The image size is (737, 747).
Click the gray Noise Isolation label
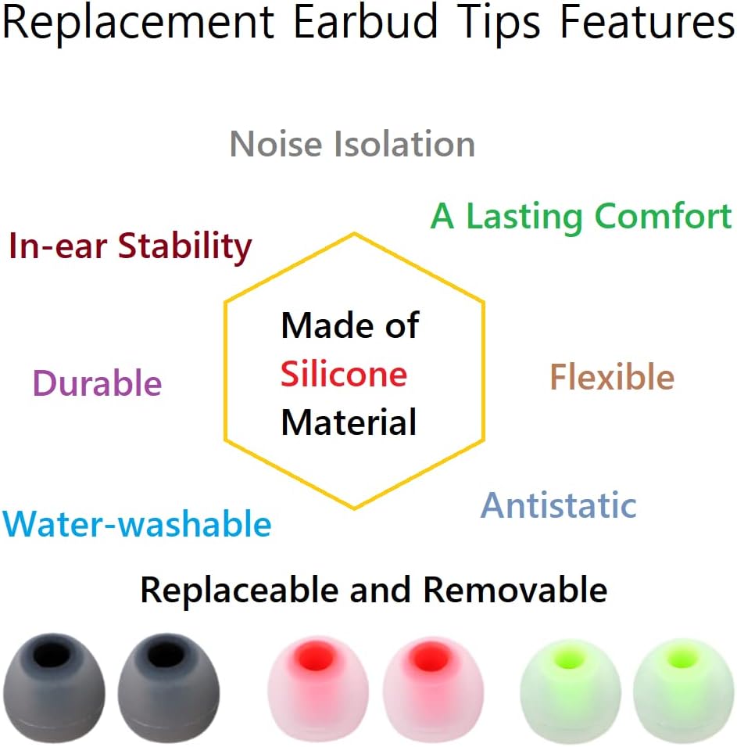click(x=352, y=145)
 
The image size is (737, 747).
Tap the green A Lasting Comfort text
click(x=581, y=217)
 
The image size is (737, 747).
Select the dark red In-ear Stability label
click(x=130, y=247)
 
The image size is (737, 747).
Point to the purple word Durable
click(x=97, y=383)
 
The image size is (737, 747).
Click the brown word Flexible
click(x=612, y=378)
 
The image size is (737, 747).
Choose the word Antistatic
click(x=558, y=505)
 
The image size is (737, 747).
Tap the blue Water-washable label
click(x=137, y=524)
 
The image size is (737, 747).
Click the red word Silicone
click(x=344, y=375)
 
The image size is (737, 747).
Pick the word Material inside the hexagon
click(x=349, y=422)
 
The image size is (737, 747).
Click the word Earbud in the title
click(x=365, y=23)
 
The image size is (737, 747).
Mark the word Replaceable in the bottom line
click(x=240, y=590)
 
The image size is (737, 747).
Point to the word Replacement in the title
click(x=138, y=23)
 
